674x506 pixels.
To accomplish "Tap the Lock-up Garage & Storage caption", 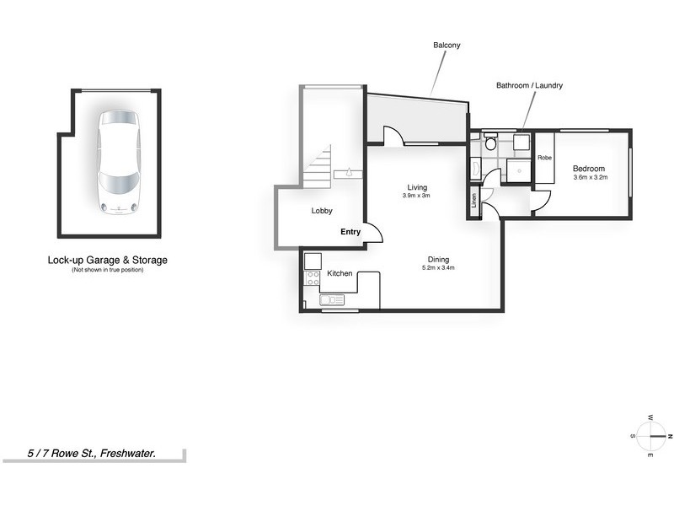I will [x=107, y=261].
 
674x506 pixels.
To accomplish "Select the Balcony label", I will [x=447, y=45].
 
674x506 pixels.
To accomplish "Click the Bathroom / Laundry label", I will [x=529, y=86].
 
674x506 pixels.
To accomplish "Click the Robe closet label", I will [x=545, y=158].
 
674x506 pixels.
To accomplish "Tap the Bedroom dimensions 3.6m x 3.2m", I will [x=590, y=178].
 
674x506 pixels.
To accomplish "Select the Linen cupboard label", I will [x=474, y=202].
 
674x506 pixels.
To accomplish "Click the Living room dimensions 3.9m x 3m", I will [x=417, y=196].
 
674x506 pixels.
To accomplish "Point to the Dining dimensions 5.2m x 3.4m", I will [x=437, y=268].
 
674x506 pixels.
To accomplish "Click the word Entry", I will [x=350, y=231].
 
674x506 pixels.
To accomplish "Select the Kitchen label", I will [x=340, y=274].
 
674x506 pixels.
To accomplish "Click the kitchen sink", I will [x=331, y=299].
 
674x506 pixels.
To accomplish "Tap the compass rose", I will [x=650, y=436].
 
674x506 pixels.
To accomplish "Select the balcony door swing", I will [x=392, y=137].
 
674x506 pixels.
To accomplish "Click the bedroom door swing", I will [x=539, y=200].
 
